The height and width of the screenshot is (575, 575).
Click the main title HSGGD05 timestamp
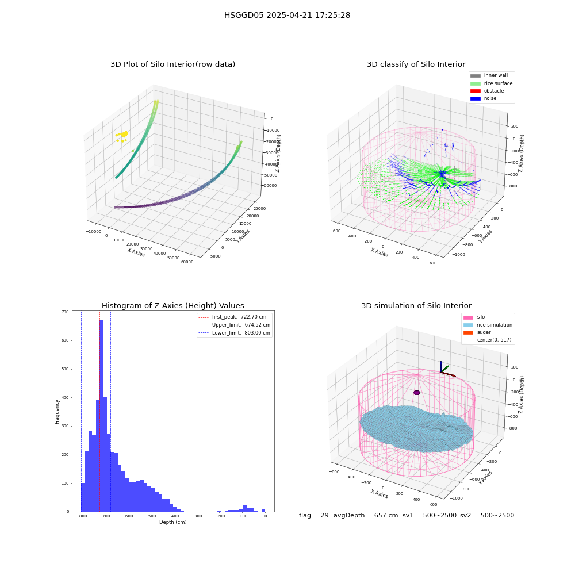287,15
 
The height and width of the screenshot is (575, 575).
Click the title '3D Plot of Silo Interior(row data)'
172,64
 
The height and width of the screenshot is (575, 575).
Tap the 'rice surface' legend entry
492,83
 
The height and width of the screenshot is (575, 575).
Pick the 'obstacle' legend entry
487,91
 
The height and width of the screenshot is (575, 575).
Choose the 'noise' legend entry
484,98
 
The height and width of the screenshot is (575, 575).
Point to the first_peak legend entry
232,317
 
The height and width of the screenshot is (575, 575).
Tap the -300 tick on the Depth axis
197,516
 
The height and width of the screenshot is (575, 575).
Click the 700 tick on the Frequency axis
66,312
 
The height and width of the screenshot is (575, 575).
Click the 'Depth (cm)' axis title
172,522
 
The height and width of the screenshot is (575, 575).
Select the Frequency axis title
57,412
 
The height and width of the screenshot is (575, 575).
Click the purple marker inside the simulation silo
416,392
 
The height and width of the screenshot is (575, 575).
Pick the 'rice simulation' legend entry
488,325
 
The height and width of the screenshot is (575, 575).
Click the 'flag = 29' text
314,515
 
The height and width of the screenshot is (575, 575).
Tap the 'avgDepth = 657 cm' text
366,515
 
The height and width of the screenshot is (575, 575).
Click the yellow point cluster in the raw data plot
122,136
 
